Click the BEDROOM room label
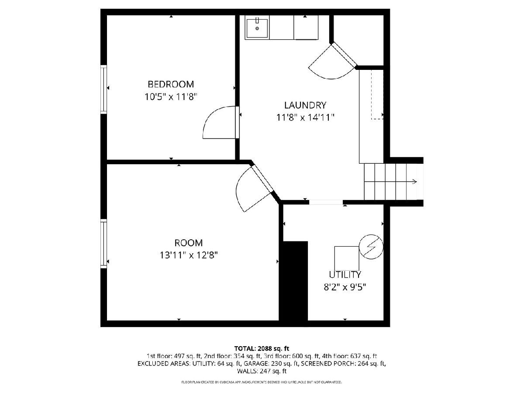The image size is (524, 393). coord(171,84)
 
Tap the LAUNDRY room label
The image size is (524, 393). coord(305,105)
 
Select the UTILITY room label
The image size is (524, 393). coord(345,275)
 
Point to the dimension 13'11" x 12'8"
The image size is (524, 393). coord(189,255)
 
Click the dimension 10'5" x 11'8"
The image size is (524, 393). coord(171,97)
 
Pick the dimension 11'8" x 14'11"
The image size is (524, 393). coord(305,117)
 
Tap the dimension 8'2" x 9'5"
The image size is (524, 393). coord(345,287)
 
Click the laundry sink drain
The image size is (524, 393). coord(257,28)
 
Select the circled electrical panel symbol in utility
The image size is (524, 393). coord(371,247)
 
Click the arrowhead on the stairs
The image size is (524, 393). coord(415,182)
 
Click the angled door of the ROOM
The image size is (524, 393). coord(262,178)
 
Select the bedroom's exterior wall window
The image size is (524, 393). coord(103,89)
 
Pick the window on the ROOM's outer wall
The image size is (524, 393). coord(103,244)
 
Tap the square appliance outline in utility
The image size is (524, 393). coord(347,259)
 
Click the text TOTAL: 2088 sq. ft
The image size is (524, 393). coord(262,348)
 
